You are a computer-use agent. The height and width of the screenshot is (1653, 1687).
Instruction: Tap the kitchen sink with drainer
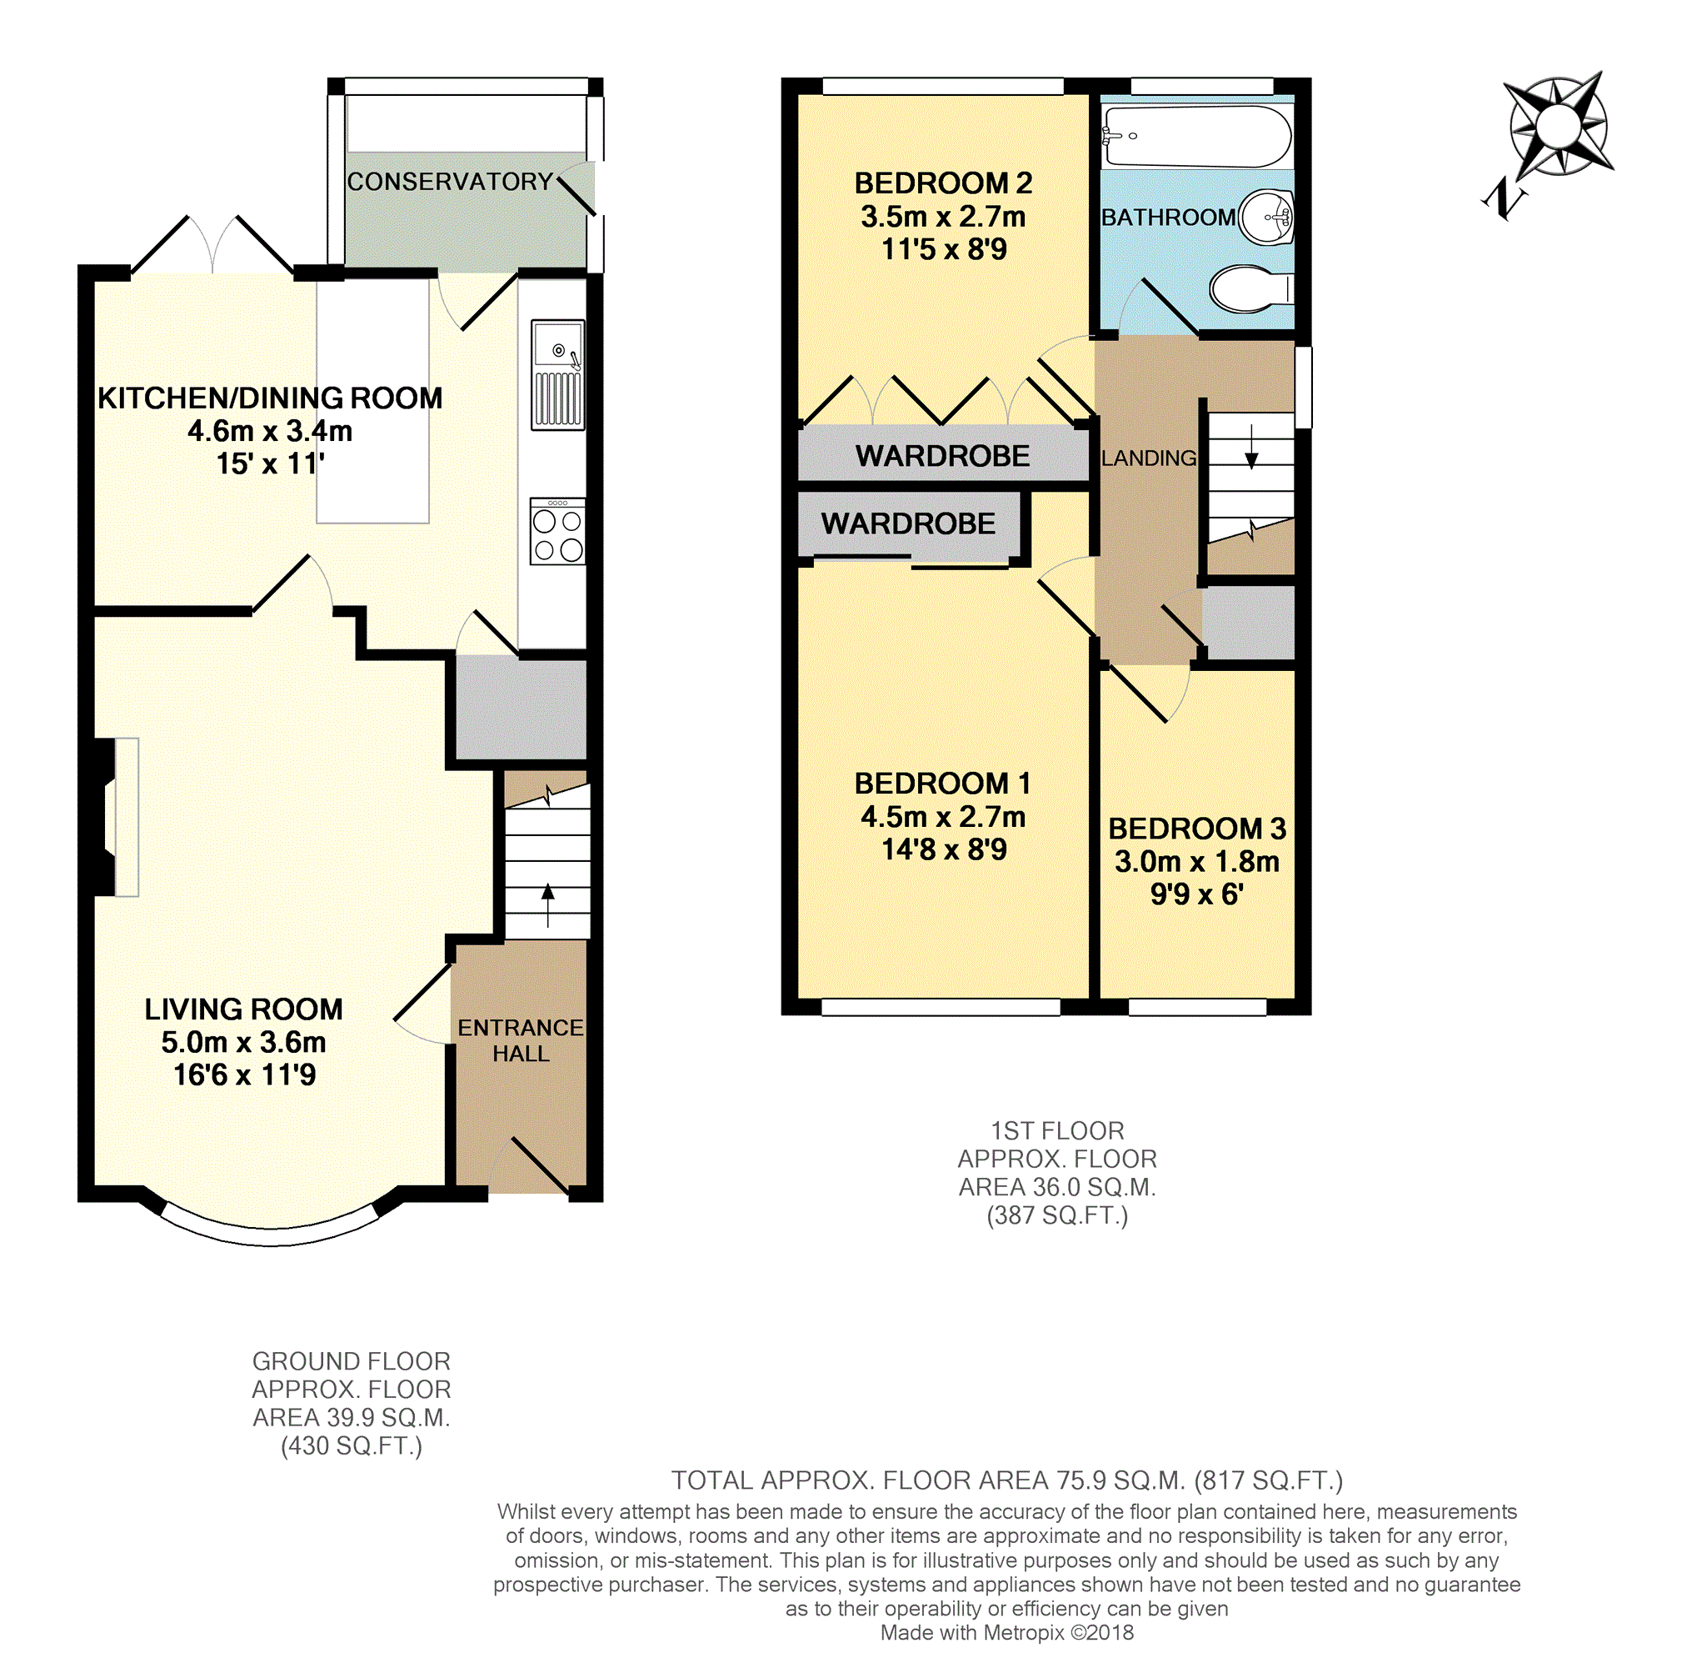click(557, 375)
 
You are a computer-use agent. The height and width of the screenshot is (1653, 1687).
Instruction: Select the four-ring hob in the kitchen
click(557, 531)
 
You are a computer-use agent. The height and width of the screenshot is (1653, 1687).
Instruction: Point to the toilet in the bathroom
click(1248, 289)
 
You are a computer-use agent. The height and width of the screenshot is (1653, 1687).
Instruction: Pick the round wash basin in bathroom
click(1267, 217)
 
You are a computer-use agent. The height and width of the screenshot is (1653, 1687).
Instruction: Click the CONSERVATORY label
click(450, 182)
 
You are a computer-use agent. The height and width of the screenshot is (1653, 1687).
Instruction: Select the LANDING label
click(1148, 458)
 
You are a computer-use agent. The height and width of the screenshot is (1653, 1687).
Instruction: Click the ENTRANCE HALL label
click(520, 1040)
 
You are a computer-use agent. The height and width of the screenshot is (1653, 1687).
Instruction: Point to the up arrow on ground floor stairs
click(547, 903)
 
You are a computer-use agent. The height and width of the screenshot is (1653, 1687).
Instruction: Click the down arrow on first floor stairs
click(1251, 448)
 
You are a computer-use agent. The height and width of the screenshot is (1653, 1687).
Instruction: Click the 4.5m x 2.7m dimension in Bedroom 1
click(942, 817)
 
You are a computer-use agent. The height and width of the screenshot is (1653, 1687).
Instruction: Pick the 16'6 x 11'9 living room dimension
click(245, 1074)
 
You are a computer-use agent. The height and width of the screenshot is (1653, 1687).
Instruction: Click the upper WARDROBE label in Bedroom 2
click(942, 456)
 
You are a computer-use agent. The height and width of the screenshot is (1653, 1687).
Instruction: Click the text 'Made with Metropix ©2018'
click(1006, 1632)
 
